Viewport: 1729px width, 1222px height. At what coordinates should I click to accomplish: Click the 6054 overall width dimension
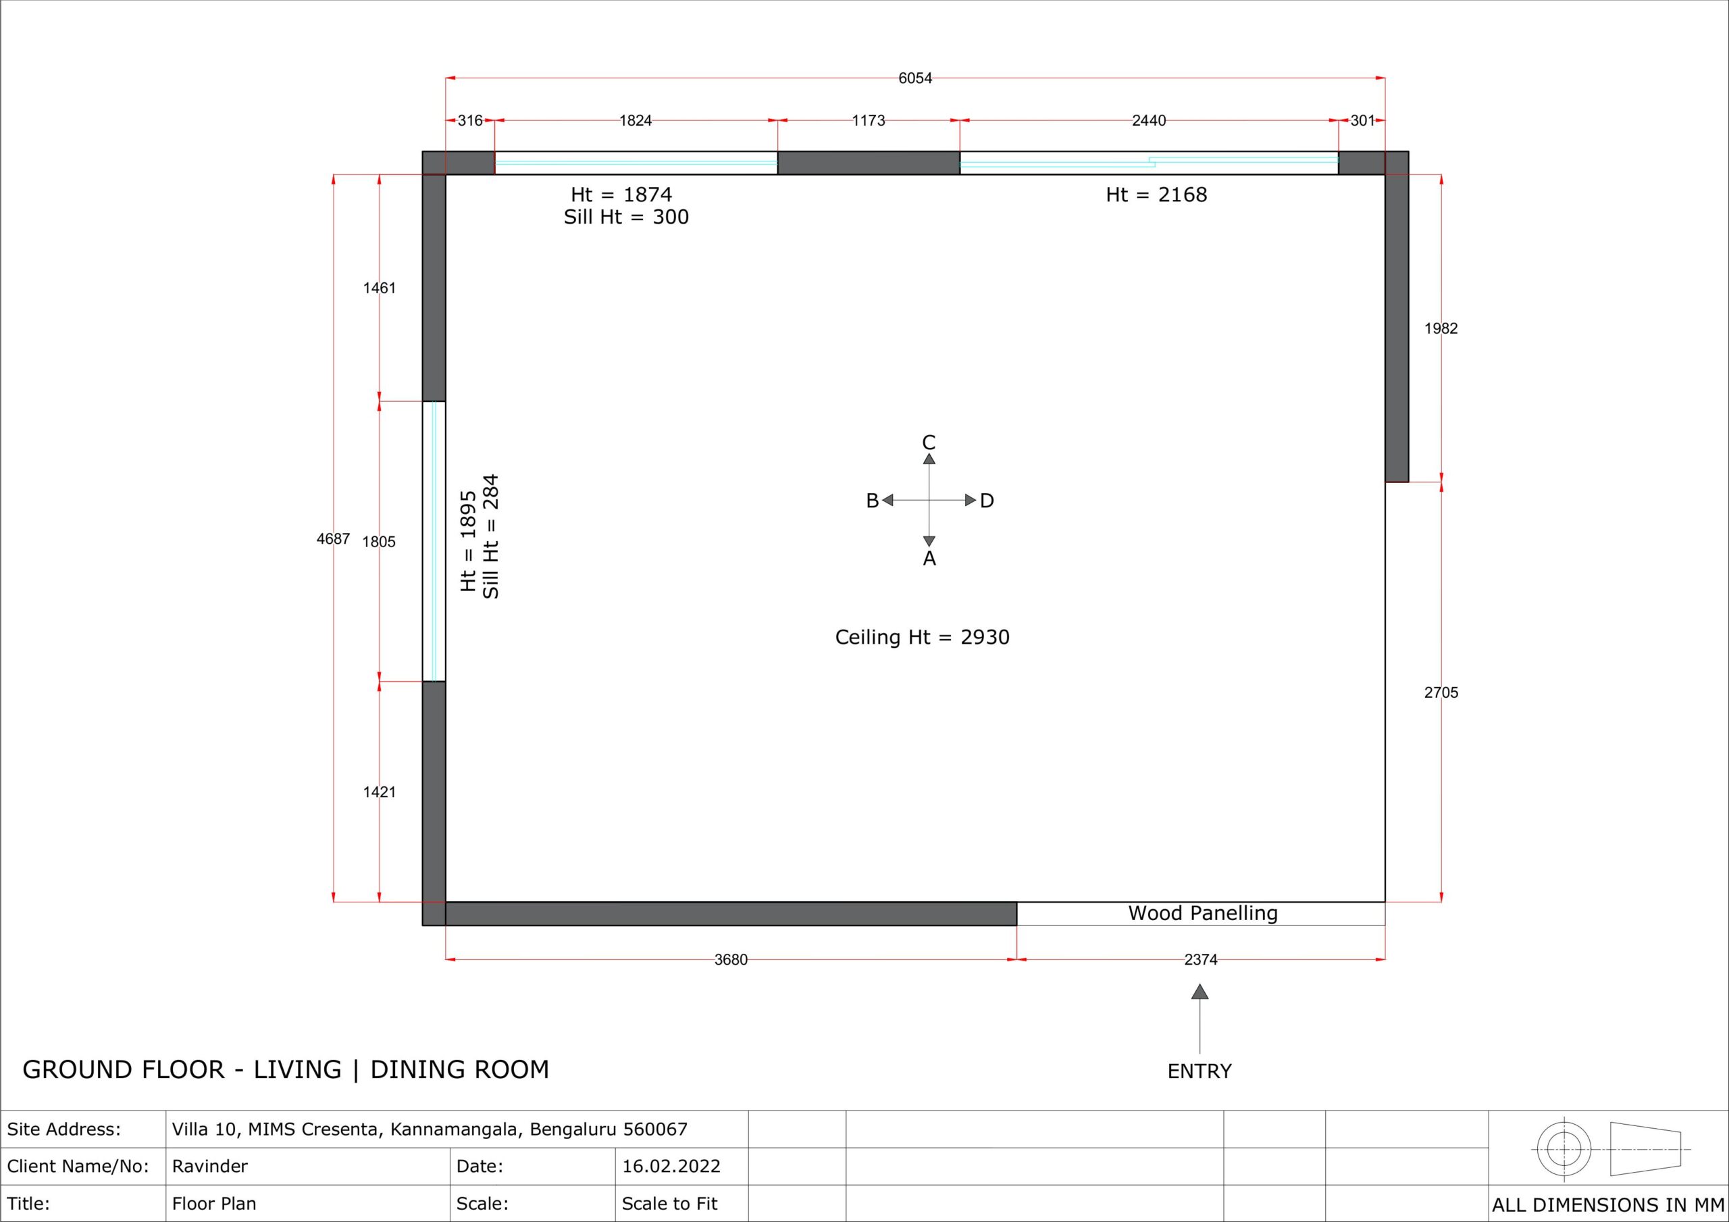pyautogui.click(x=915, y=78)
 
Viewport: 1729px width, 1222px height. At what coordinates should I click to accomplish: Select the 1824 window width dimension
pyautogui.click(x=636, y=120)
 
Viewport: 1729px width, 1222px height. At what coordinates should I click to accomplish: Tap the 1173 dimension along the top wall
pyautogui.click(x=869, y=120)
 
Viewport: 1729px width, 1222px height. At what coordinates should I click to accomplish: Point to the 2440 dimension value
pyautogui.click(x=1149, y=120)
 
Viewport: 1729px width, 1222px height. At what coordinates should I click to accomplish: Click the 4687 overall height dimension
pyautogui.click(x=333, y=538)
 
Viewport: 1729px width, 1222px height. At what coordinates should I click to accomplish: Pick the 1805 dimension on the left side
pyautogui.click(x=379, y=542)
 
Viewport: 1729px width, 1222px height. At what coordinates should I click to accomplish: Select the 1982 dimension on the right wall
pyautogui.click(x=1441, y=328)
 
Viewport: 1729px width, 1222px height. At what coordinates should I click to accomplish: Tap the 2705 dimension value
pyautogui.click(x=1441, y=692)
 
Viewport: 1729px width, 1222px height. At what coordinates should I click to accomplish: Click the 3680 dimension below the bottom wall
pyautogui.click(x=731, y=960)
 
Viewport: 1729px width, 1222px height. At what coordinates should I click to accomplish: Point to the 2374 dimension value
pyautogui.click(x=1200, y=960)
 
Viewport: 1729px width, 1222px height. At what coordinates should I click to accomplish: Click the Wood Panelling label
pyautogui.click(x=1203, y=914)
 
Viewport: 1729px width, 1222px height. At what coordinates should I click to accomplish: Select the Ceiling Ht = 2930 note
pyautogui.click(x=923, y=638)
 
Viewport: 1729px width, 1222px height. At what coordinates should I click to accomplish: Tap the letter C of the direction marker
pyautogui.click(x=929, y=442)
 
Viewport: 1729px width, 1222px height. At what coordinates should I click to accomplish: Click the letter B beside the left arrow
pyautogui.click(x=872, y=501)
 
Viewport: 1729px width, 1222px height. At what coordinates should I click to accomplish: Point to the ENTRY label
pyautogui.click(x=1199, y=1071)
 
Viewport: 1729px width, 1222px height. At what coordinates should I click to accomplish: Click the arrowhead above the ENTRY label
pyautogui.click(x=1200, y=992)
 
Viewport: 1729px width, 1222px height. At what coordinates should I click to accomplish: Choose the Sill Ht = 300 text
pyautogui.click(x=627, y=217)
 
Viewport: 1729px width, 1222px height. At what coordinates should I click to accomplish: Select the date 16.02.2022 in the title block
pyautogui.click(x=671, y=1166)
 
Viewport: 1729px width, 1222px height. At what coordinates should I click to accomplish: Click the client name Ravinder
pyautogui.click(x=210, y=1166)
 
